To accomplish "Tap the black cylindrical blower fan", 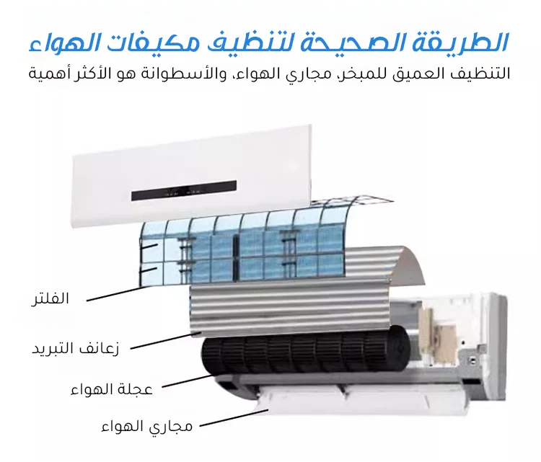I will pyautogui.click(x=303, y=354).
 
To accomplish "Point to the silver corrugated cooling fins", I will pyautogui.click(x=289, y=303).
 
